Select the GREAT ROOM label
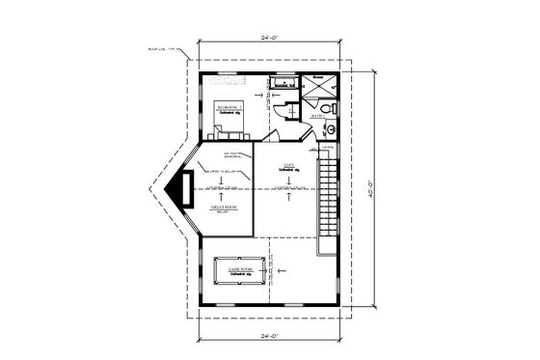click(x=224, y=206)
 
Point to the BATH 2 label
click(x=316, y=118)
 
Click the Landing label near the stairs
click(x=329, y=148)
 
